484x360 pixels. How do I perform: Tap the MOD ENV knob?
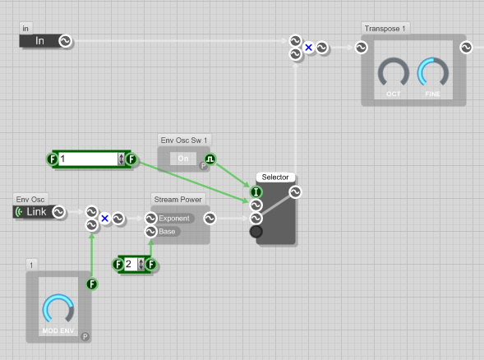click(58, 310)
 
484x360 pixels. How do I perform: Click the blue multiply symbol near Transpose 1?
click(308, 48)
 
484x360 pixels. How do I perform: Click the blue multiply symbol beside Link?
click(104, 219)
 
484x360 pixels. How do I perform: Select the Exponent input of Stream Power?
click(171, 219)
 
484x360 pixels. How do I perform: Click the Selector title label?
click(274, 178)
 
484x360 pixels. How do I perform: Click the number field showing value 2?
click(129, 265)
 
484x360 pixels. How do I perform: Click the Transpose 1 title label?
click(385, 28)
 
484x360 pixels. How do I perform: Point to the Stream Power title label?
click(177, 200)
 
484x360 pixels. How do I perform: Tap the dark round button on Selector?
click(256, 233)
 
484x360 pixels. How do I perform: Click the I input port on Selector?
click(256, 192)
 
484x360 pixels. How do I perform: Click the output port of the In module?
click(65, 41)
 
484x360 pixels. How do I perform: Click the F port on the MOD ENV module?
click(91, 284)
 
